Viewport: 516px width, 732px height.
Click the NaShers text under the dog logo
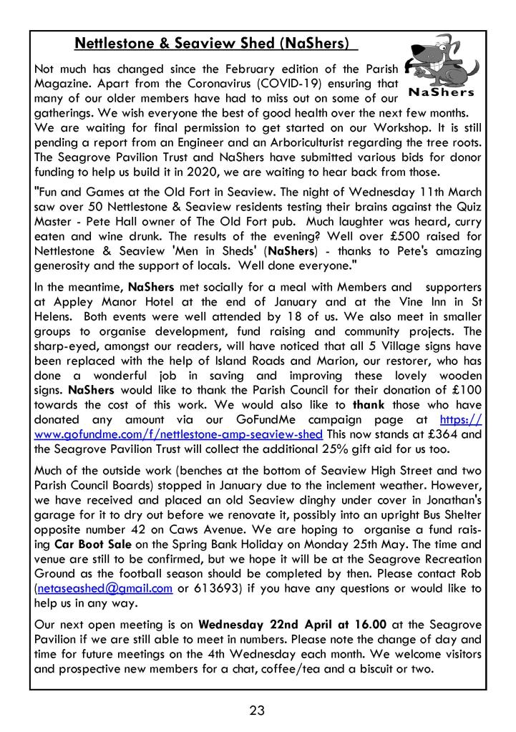coord(441,92)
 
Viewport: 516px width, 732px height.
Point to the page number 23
coord(258,711)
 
